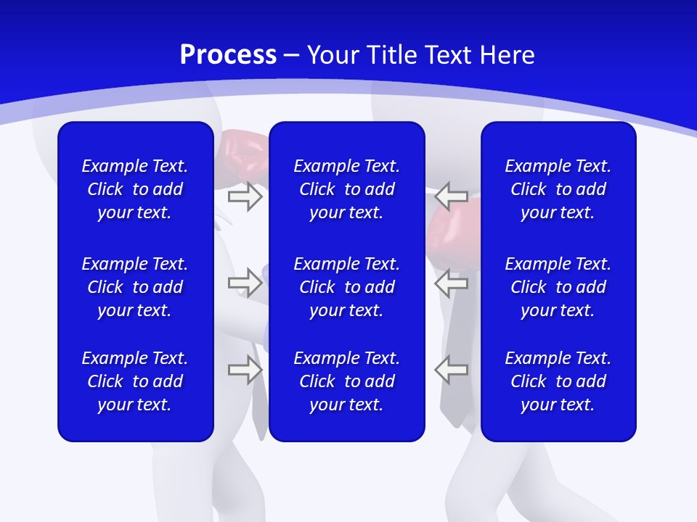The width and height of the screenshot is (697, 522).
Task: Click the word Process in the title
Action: tap(228, 55)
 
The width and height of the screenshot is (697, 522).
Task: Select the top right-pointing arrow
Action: tap(245, 196)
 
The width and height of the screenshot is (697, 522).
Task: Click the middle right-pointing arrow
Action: tap(245, 282)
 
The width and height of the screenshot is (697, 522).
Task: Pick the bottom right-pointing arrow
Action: tap(245, 370)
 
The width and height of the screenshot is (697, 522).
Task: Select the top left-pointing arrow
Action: tap(452, 196)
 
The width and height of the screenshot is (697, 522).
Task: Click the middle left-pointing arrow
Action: tap(452, 282)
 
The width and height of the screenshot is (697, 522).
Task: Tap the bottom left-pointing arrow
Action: tap(452, 370)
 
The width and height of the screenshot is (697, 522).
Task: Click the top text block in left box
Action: tap(135, 189)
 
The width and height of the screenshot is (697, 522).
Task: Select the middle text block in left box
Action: tap(135, 287)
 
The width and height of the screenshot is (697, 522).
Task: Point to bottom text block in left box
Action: tap(135, 381)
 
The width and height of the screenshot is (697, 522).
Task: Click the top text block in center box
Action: tap(346, 189)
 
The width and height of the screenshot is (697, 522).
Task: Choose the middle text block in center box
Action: tap(346, 287)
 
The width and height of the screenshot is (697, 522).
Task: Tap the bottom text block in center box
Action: tap(346, 381)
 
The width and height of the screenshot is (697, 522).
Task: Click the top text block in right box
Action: tap(558, 189)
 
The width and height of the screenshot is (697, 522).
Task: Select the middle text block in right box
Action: tap(558, 287)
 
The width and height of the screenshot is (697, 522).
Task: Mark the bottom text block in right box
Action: tap(558, 381)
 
